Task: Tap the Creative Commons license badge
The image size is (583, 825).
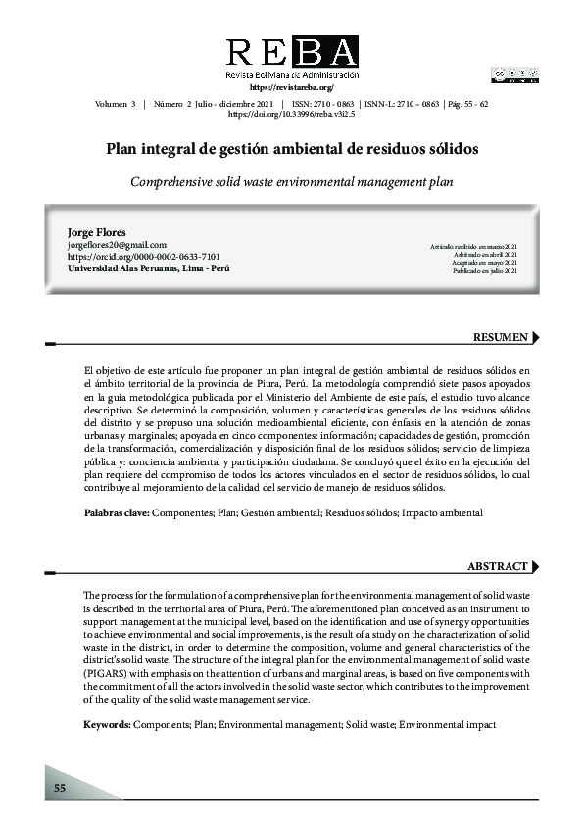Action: (x=513, y=73)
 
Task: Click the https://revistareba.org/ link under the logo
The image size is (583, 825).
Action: (x=292, y=88)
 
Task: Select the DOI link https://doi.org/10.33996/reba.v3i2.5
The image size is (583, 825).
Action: (x=291, y=114)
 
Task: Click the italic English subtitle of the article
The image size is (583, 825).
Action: (x=292, y=182)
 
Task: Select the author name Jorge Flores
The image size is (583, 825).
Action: (x=97, y=232)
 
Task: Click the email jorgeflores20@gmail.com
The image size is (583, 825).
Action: (x=117, y=245)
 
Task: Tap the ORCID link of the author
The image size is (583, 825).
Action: (x=143, y=256)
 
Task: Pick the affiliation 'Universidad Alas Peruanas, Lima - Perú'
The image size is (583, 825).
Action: (x=148, y=267)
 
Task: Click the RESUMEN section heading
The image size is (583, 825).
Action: (x=501, y=338)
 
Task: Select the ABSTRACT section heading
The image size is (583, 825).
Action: (x=498, y=567)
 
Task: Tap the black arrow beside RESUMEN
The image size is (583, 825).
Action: (x=536, y=338)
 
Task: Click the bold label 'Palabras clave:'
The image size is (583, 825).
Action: (x=116, y=512)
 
